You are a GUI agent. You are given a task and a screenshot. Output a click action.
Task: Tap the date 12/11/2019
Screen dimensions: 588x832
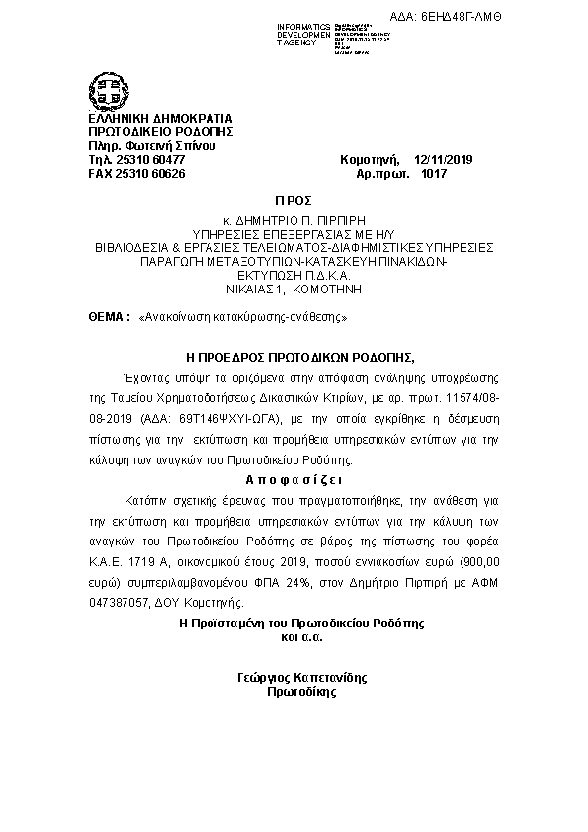click(446, 159)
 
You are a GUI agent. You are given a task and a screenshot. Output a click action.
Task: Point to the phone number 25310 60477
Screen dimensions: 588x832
click(146, 159)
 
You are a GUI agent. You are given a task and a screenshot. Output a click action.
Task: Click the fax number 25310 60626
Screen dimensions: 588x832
click(150, 174)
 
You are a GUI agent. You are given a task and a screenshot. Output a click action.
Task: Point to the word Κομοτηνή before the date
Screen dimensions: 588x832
click(369, 159)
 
